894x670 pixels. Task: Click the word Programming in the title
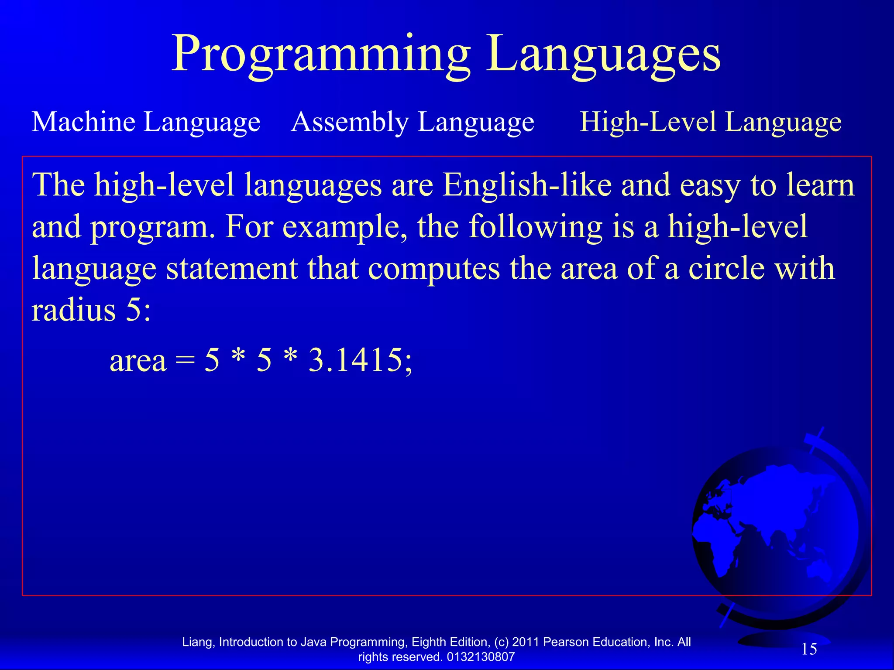[x=321, y=55]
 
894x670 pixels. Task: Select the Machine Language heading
[x=146, y=122]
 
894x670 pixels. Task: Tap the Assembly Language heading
[x=413, y=122]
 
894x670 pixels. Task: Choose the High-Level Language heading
[x=710, y=122]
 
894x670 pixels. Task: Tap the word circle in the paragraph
[x=726, y=268]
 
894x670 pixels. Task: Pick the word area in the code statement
[x=138, y=362]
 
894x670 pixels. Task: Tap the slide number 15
[x=809, y=649]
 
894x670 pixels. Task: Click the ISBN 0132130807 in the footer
[x=481, y=657]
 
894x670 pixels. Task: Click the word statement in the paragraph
[x=231, y=268]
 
